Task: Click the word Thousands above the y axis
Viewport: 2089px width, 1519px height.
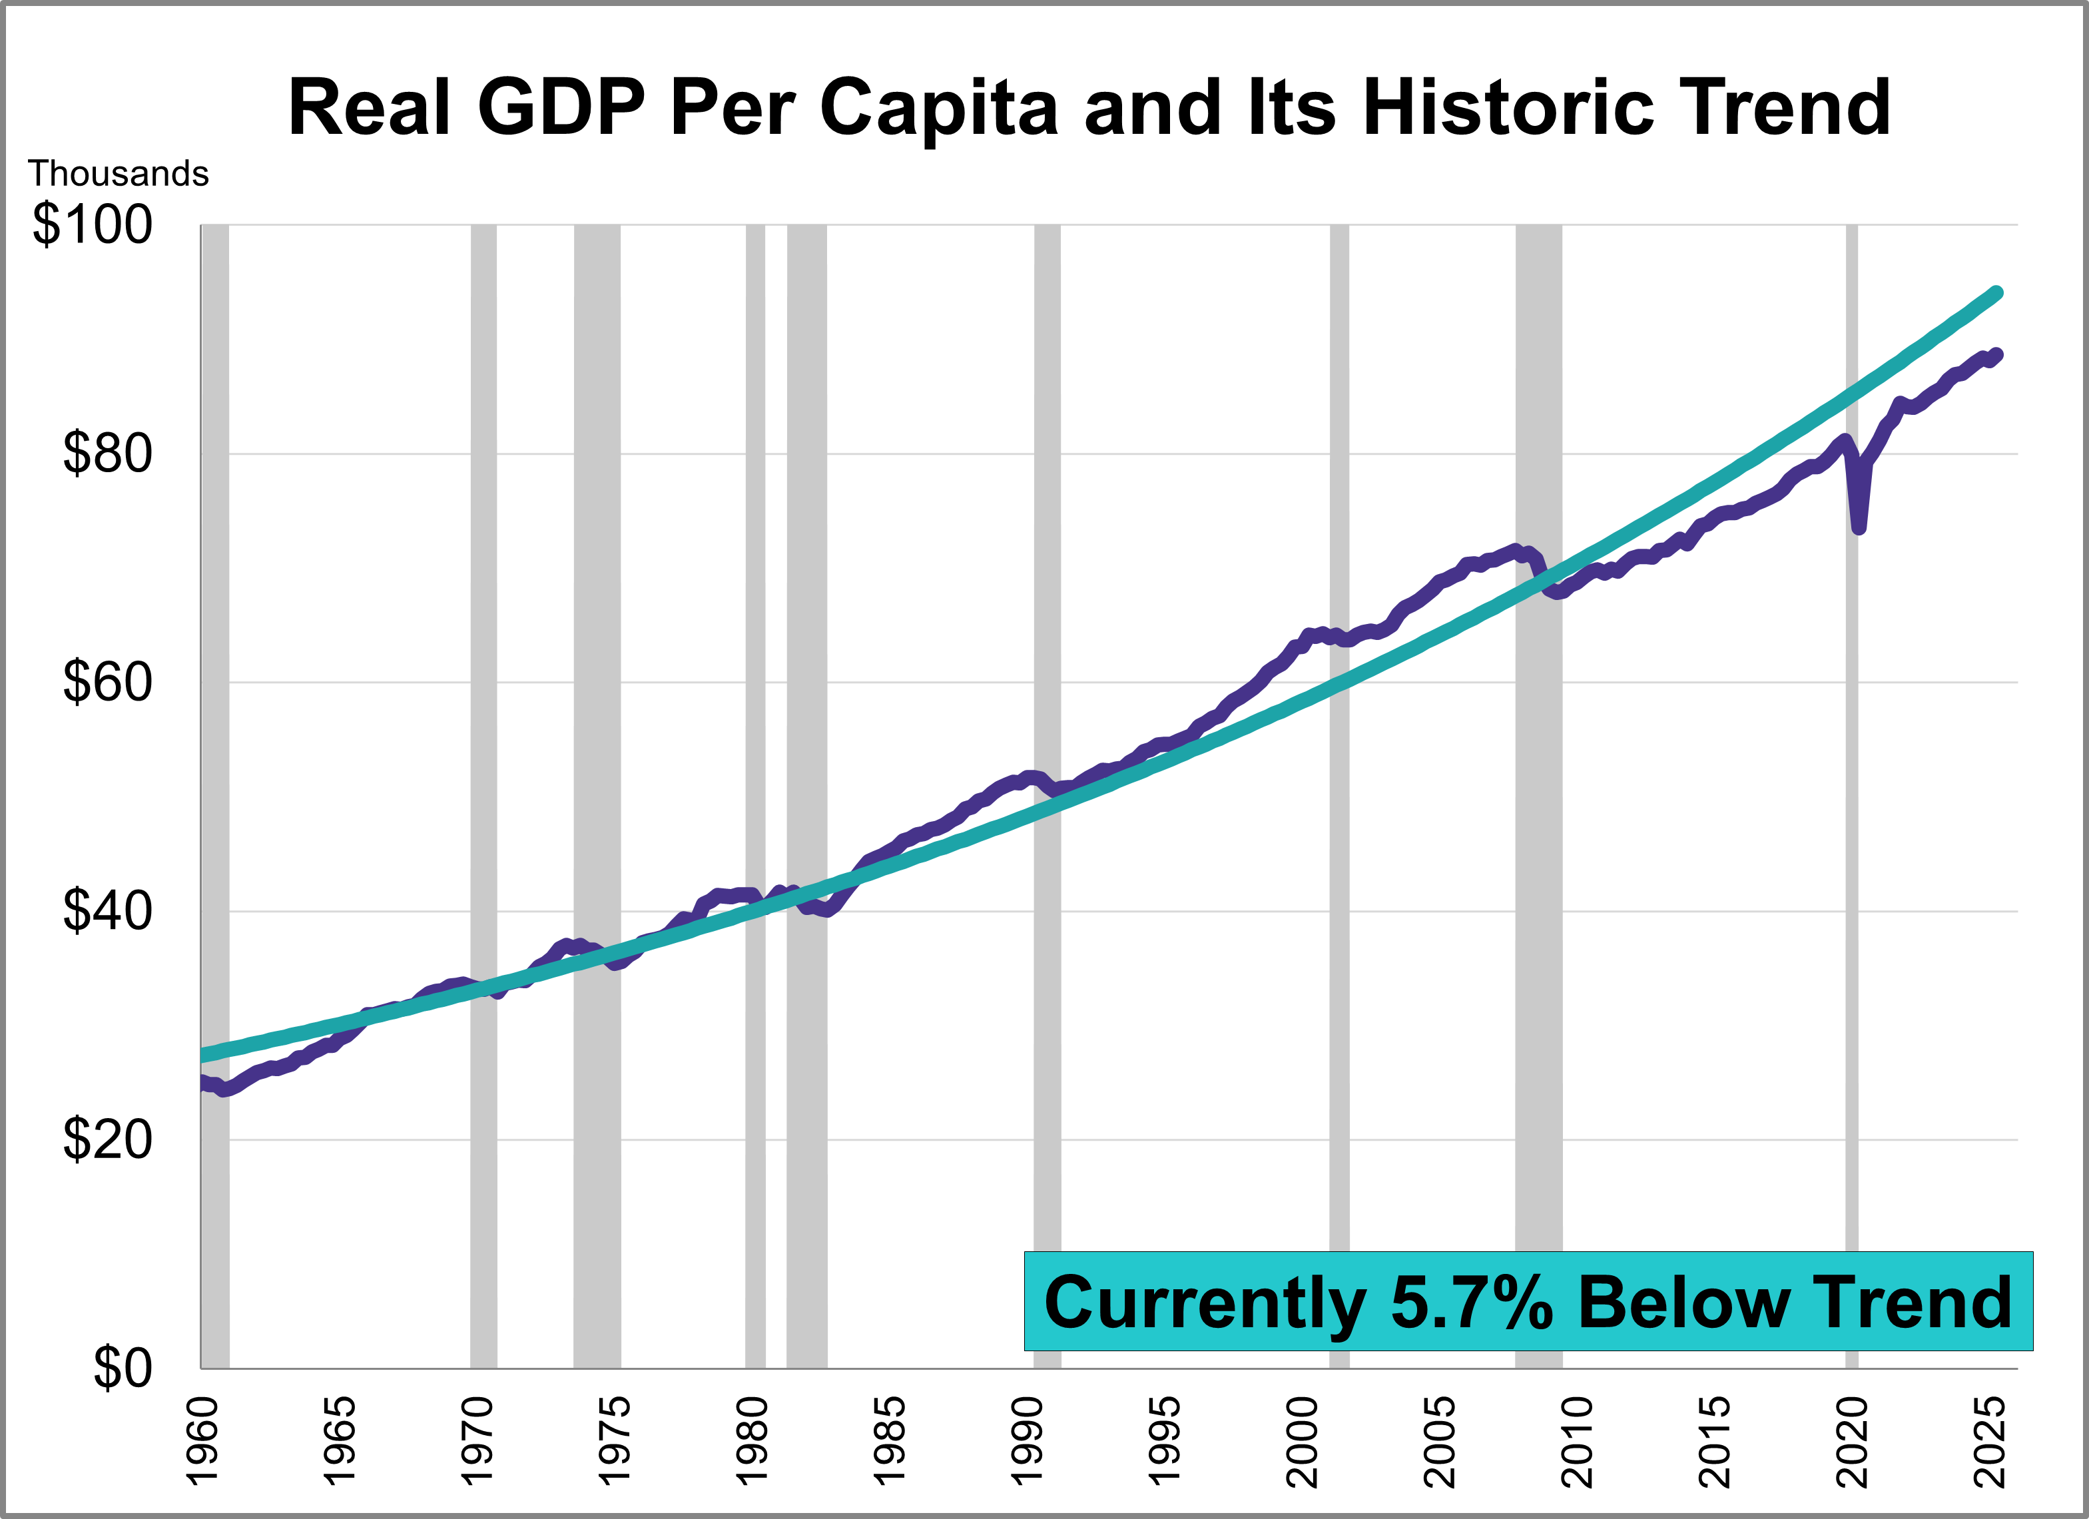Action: pyautogui.click(x=118, y=173)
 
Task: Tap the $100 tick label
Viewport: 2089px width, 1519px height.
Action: pyautogui.click(x=92, y=225)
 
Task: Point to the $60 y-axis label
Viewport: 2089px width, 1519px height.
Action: pyautogui.click(x=107, y=683)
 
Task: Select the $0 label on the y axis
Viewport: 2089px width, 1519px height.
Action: pyautogui.click(x=123, y=1369)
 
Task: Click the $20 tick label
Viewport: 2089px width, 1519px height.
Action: pyautogui.click(x=107, y=1140)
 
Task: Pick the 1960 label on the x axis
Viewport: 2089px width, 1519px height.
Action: pyautogui.click(x=202, y=1442)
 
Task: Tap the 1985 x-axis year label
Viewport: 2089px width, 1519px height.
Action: pyautogui.click(x=890, y=1442)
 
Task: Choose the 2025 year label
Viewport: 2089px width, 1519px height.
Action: pyautogui.click(x=1990, y=1442)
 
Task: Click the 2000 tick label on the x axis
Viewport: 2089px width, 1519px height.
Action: pyautogui.click(x=1303, y=1442)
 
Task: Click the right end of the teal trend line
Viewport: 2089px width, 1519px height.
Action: pyautogui.click(x=1997, y=293)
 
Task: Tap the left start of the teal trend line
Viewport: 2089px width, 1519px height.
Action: pyautogui.click(x=202, y=1056)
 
